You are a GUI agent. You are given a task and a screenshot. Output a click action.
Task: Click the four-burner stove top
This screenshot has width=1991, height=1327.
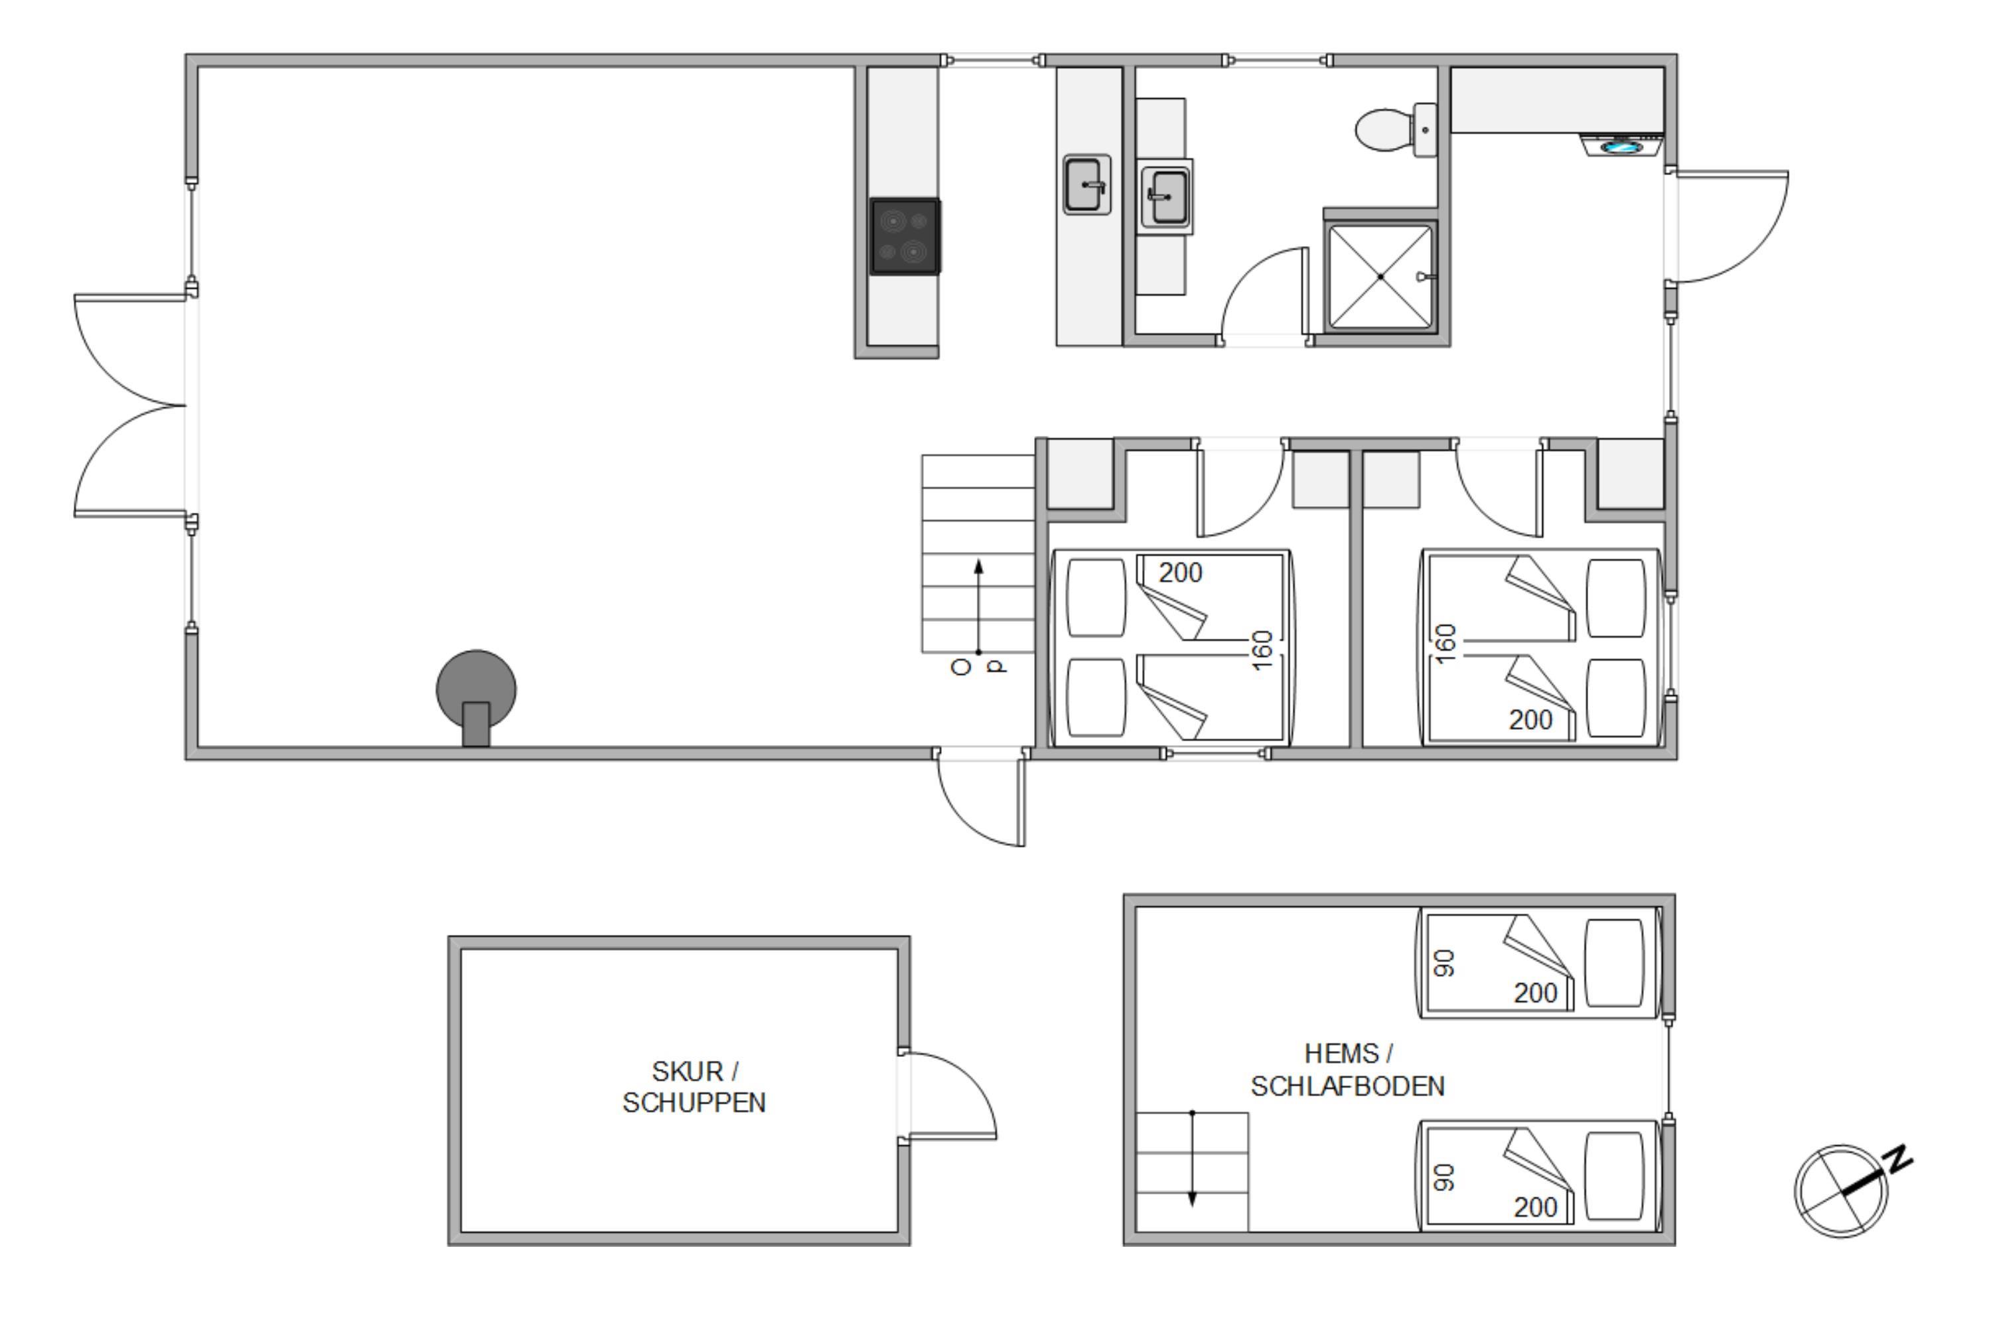tap(905, 237)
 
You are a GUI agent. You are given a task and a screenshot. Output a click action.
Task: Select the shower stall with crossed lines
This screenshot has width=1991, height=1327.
tap(1380, 277)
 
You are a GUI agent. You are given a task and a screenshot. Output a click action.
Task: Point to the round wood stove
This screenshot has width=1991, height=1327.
tap(476, 694)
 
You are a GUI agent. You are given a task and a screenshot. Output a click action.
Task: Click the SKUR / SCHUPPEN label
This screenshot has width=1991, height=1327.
tap(694, 1087)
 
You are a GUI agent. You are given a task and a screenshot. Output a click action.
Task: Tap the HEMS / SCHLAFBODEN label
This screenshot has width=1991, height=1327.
tap(1348, 1070)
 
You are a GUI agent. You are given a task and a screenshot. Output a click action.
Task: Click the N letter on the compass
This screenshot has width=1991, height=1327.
tap(1901, 1158)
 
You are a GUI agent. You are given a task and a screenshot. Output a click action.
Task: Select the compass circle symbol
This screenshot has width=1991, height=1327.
tap(1841, 1192)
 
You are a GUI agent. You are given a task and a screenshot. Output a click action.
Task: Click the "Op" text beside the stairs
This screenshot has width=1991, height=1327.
tap(980, 667)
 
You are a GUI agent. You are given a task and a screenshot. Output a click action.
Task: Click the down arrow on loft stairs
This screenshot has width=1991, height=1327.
tap(1192, 1158)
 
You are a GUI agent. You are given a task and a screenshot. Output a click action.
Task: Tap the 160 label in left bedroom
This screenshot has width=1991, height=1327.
tap(1262, 650)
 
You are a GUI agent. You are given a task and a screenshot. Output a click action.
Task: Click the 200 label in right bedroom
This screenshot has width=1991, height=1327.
tap(1530, 720)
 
